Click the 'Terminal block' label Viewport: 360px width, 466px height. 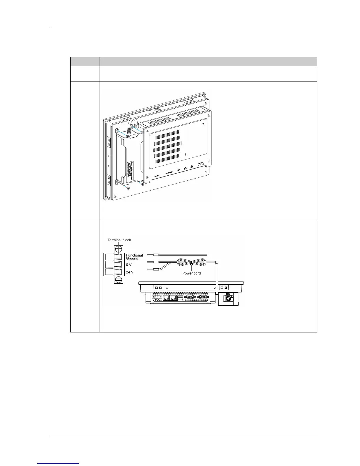tap(119, 240)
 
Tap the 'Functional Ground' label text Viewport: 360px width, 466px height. tap(134, 257)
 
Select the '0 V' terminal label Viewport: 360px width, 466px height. tap(129, 265)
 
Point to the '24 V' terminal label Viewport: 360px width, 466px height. tap(130, 272)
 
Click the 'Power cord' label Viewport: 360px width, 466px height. tap(191, 273)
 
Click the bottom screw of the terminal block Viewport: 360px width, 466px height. tap(119, 279)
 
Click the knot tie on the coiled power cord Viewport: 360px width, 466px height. tap(191, 262)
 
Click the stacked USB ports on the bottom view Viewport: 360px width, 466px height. tap(180, 298)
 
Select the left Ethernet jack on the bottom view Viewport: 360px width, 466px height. tap(166, 298)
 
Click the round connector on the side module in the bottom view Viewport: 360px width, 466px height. tap(228, 299)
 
